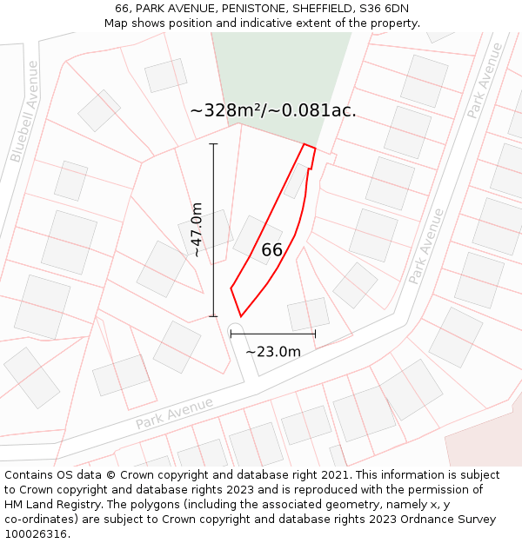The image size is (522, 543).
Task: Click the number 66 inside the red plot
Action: click(271, 250)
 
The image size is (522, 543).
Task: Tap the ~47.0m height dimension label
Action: click(197, 229)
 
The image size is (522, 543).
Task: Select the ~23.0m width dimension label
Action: click(273, 351)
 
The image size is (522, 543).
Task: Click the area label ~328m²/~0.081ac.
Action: click(272, 110)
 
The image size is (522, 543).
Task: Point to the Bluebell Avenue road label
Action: click(25, 111)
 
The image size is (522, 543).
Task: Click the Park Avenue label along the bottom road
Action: click(174, 414)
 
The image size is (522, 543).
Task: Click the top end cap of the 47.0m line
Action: click(214, 144)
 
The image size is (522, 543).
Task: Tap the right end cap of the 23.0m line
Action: click(315, 333)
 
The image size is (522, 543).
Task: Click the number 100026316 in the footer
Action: click(37, 534)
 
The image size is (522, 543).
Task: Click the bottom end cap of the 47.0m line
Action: click(214, 316)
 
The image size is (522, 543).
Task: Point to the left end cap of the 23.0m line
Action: click(231, 333)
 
